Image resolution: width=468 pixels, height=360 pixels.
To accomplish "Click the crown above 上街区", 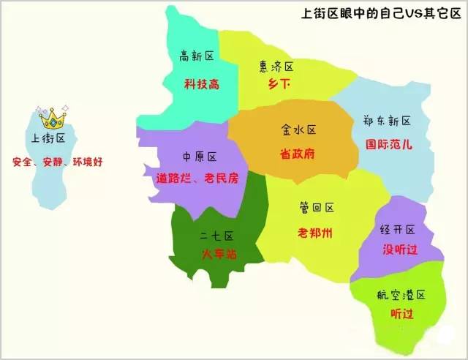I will (53, 117).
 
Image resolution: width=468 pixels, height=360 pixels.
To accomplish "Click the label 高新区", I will (197, 56).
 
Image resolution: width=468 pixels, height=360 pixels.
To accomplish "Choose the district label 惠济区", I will (276, 67).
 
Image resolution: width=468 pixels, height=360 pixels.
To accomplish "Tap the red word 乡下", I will (276, 85).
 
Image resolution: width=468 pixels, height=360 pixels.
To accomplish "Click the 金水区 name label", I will (298, 130).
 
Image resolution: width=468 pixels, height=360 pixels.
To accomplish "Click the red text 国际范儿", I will (388, 145).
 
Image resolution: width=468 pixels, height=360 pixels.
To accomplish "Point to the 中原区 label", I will (200, 157).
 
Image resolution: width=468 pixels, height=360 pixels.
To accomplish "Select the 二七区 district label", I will (216, 236).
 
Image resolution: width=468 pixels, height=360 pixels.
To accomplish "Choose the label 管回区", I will (316, 209).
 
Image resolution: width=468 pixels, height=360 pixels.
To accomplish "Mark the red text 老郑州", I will (315, 233).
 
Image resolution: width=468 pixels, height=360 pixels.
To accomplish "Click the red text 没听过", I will (399, 250).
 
